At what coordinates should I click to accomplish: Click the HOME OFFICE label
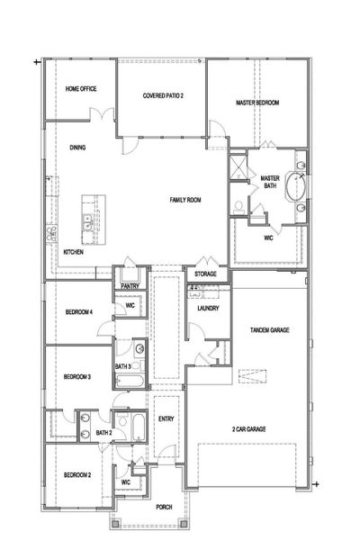(81, 89)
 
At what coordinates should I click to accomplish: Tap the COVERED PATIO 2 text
(163, 95)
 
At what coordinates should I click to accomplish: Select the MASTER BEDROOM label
(256, 103)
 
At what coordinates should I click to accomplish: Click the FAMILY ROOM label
(185, 198)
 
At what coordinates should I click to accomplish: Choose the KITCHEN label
(74, 253)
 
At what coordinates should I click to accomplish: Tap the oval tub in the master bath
(298, 186)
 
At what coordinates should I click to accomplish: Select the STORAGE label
(205, 276)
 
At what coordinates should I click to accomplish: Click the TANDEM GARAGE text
(268, 331)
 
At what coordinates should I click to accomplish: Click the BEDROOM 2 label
(76, 473)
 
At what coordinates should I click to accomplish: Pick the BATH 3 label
(123, 366)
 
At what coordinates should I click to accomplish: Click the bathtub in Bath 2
(139, 426)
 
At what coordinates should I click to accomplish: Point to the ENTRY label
(166, 418)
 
